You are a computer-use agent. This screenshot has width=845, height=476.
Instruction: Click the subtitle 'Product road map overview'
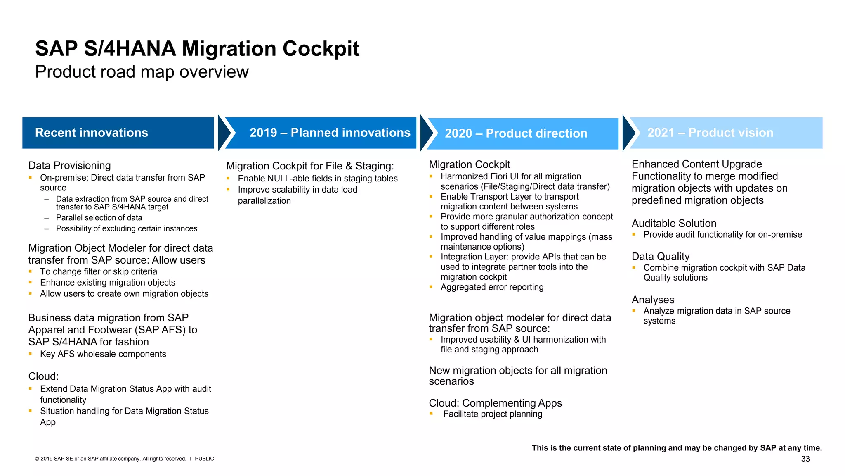pos(142,72)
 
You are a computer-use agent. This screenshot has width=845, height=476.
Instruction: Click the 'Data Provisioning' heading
pos(69,165)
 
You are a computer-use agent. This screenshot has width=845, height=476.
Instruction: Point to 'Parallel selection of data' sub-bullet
pos(99,218)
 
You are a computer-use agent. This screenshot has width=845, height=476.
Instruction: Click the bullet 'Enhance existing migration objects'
pos(108,283)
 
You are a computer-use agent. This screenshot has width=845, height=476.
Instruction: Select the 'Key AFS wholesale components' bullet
pos(103,354)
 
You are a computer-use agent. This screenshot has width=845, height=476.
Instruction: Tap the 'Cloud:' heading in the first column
pos(43,376)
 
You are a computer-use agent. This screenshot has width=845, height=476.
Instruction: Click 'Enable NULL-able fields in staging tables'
pos(318,178)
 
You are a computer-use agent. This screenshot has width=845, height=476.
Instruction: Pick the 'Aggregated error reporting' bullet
pos(492,287)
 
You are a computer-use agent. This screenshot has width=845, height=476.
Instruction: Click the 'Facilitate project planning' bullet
pos(493,414)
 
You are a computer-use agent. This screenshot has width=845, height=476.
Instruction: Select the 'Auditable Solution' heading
pos(674,224)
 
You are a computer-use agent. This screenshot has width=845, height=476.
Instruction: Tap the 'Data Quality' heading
pos(660,257)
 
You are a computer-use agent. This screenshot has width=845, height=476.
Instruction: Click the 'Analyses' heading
pos(653,300)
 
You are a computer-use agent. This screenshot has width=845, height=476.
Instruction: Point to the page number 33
pos(805,459)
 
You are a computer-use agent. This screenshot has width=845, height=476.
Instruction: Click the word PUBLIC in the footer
pos(204,459)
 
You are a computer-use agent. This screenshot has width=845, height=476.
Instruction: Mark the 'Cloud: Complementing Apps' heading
pos(495,403)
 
